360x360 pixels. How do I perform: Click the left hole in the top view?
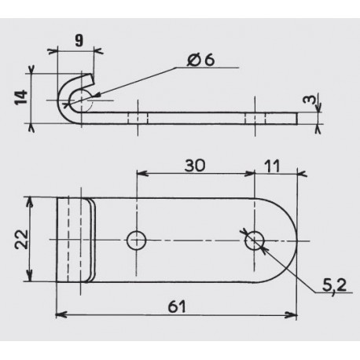[x=138, y=239]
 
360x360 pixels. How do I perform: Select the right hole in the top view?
[x=254, y=239]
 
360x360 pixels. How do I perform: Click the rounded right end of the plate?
[x=289, y=239]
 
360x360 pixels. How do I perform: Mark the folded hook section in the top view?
[x=76, y=239]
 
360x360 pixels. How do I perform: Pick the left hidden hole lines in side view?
[x=138, y=118]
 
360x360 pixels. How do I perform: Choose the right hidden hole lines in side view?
[x=254, y=118]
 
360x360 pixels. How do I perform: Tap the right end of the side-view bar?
[x=296, y=118]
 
